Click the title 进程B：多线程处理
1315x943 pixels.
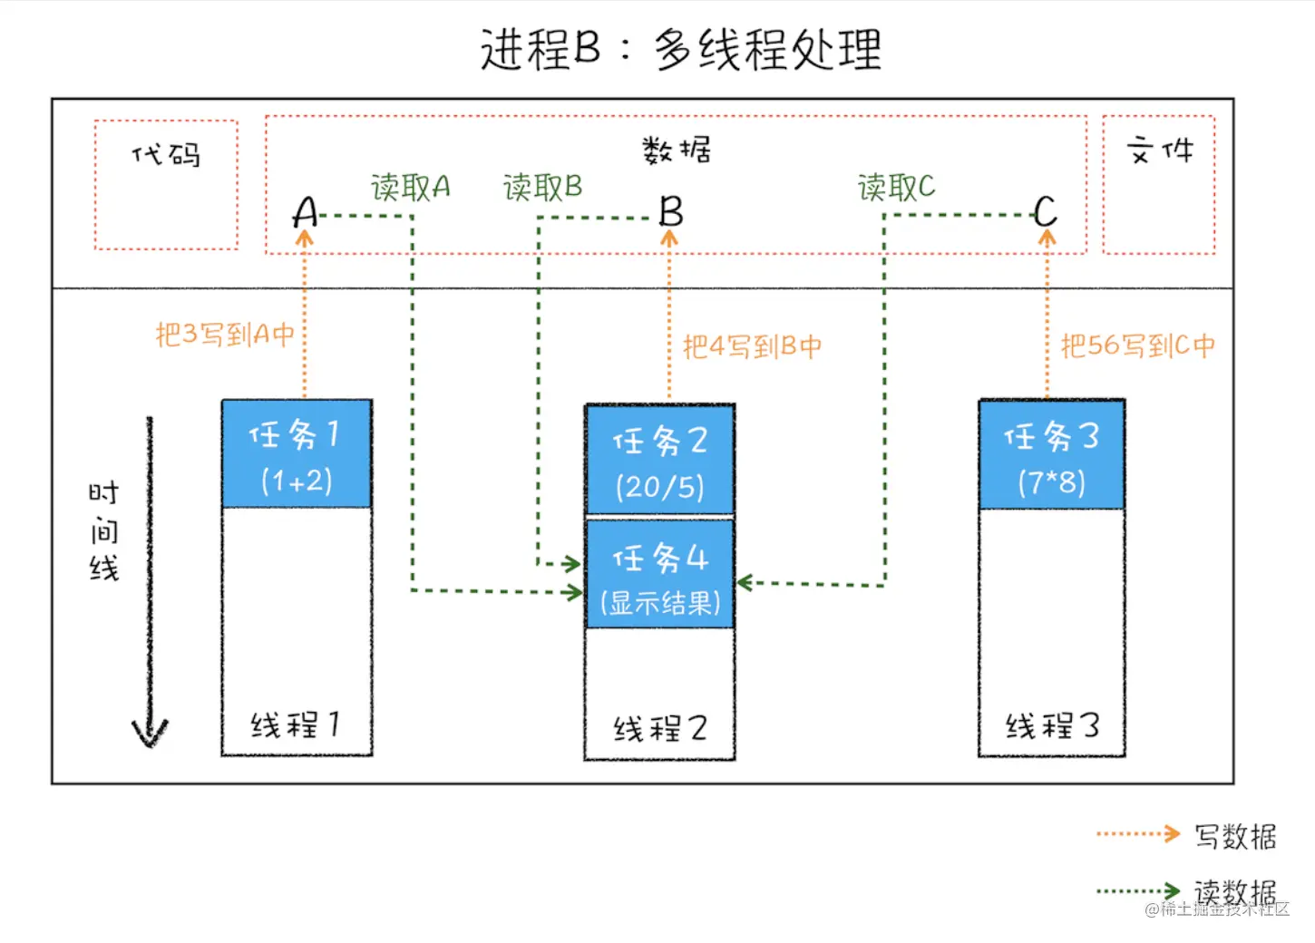[680, 49]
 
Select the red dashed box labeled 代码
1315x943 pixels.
[166, 184]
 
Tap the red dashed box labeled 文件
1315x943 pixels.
[1158, 184]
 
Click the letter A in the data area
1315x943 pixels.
[306, 213]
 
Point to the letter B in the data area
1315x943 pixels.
[670, 212]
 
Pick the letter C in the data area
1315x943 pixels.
[1045, 212]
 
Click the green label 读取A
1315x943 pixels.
[410, 188]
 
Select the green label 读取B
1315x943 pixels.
[542, 188]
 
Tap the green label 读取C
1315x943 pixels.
[896, 188]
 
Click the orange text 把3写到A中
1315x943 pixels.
[225, 335]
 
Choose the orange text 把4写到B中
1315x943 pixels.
[752, 346]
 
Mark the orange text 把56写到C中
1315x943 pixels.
[1137, 345]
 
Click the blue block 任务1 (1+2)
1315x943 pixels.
[297, 454]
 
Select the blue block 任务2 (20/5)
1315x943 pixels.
[659, 462]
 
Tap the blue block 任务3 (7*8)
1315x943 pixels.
[1051, 456]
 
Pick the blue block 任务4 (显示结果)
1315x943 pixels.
[659, 575]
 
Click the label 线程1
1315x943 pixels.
[296, 724]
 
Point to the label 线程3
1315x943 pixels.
[1051, 725]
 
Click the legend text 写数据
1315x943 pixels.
[1234, 836]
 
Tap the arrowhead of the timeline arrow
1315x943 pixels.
[151, 733]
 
